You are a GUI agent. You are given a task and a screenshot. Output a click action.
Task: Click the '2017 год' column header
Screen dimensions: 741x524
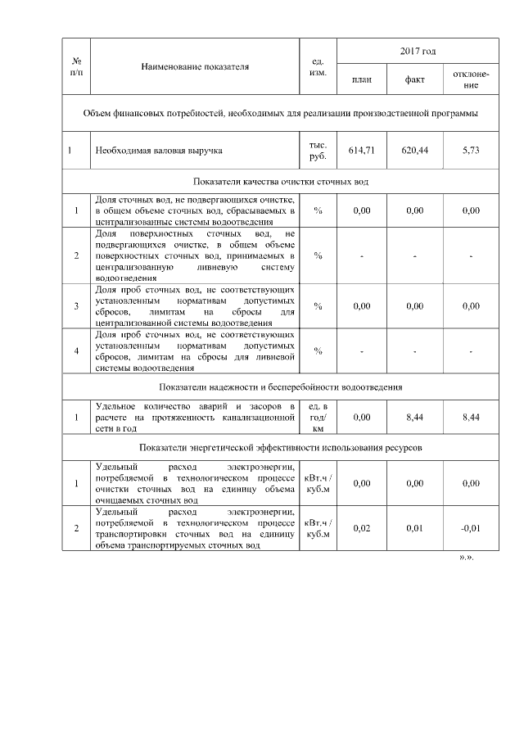coord(418,52)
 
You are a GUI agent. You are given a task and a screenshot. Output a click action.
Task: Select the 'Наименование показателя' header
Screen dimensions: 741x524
coord(195,66)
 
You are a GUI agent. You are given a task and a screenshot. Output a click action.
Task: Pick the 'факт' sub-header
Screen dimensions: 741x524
coord(414,79)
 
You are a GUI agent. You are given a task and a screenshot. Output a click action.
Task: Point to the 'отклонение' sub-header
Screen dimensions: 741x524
coord(471,79)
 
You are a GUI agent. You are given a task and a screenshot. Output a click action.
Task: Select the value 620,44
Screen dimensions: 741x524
coord(414,151)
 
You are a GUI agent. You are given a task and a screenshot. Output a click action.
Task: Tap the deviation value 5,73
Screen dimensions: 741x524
coord(471,151)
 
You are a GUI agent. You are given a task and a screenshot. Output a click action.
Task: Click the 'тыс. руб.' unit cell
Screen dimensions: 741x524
coord(318,151)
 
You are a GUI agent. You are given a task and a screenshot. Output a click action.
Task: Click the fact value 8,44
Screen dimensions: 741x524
coord(414,418)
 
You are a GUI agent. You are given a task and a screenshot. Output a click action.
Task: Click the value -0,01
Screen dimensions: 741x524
coord(471,528)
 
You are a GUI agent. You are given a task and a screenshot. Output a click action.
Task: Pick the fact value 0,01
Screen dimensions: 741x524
coord(414,528)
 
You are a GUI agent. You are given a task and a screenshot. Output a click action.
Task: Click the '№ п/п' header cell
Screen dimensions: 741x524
coord(76,66)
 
